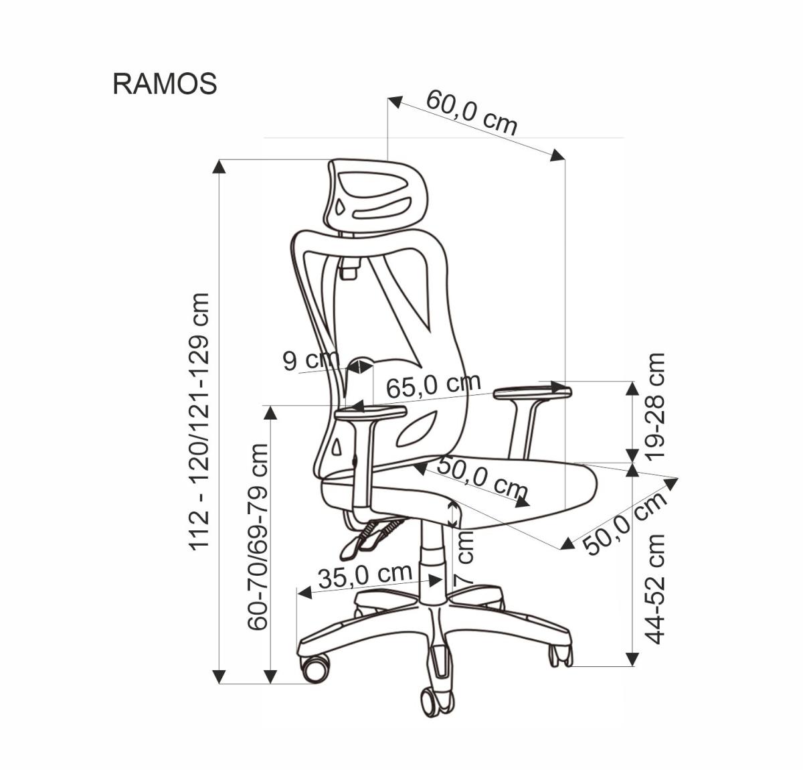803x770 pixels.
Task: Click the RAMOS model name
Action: point(165,84)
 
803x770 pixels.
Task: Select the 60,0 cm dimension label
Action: point(472,112)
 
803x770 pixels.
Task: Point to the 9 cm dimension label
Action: point(311,360)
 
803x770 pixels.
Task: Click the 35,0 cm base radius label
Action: point(365,575)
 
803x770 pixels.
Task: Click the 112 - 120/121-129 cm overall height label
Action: point(200,421)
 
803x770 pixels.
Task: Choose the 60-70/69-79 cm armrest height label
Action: point(258,536)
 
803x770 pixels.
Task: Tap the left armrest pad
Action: point(370,414)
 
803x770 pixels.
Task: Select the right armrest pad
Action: point(532,393)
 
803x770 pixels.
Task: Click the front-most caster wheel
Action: point(436,700)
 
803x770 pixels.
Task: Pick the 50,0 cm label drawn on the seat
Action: point(482,478)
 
